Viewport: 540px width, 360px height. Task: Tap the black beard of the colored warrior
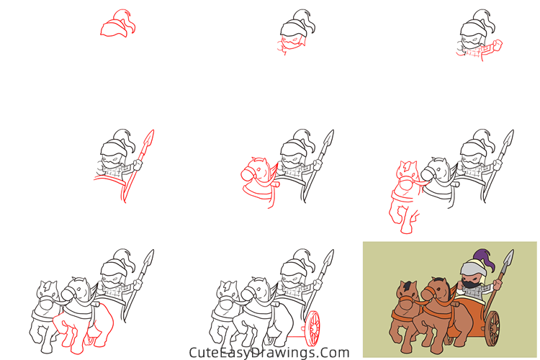pos(469,284)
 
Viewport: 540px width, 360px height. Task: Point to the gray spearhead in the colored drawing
pos(508,259)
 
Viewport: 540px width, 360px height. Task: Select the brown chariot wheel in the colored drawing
pos(493,328)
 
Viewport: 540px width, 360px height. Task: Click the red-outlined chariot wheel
pos(312,328)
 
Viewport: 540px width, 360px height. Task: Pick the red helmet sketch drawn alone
pos(118,24)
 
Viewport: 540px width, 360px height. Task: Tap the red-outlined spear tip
pos(149,139)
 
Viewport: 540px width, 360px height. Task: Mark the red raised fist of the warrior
pos(498,45)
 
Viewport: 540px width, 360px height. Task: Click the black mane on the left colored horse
pos(408,285)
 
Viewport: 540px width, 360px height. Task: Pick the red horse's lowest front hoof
pos(406,229)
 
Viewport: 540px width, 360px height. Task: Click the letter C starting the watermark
pos(194,352)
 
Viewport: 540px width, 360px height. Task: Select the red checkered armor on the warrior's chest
pos(474,53)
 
